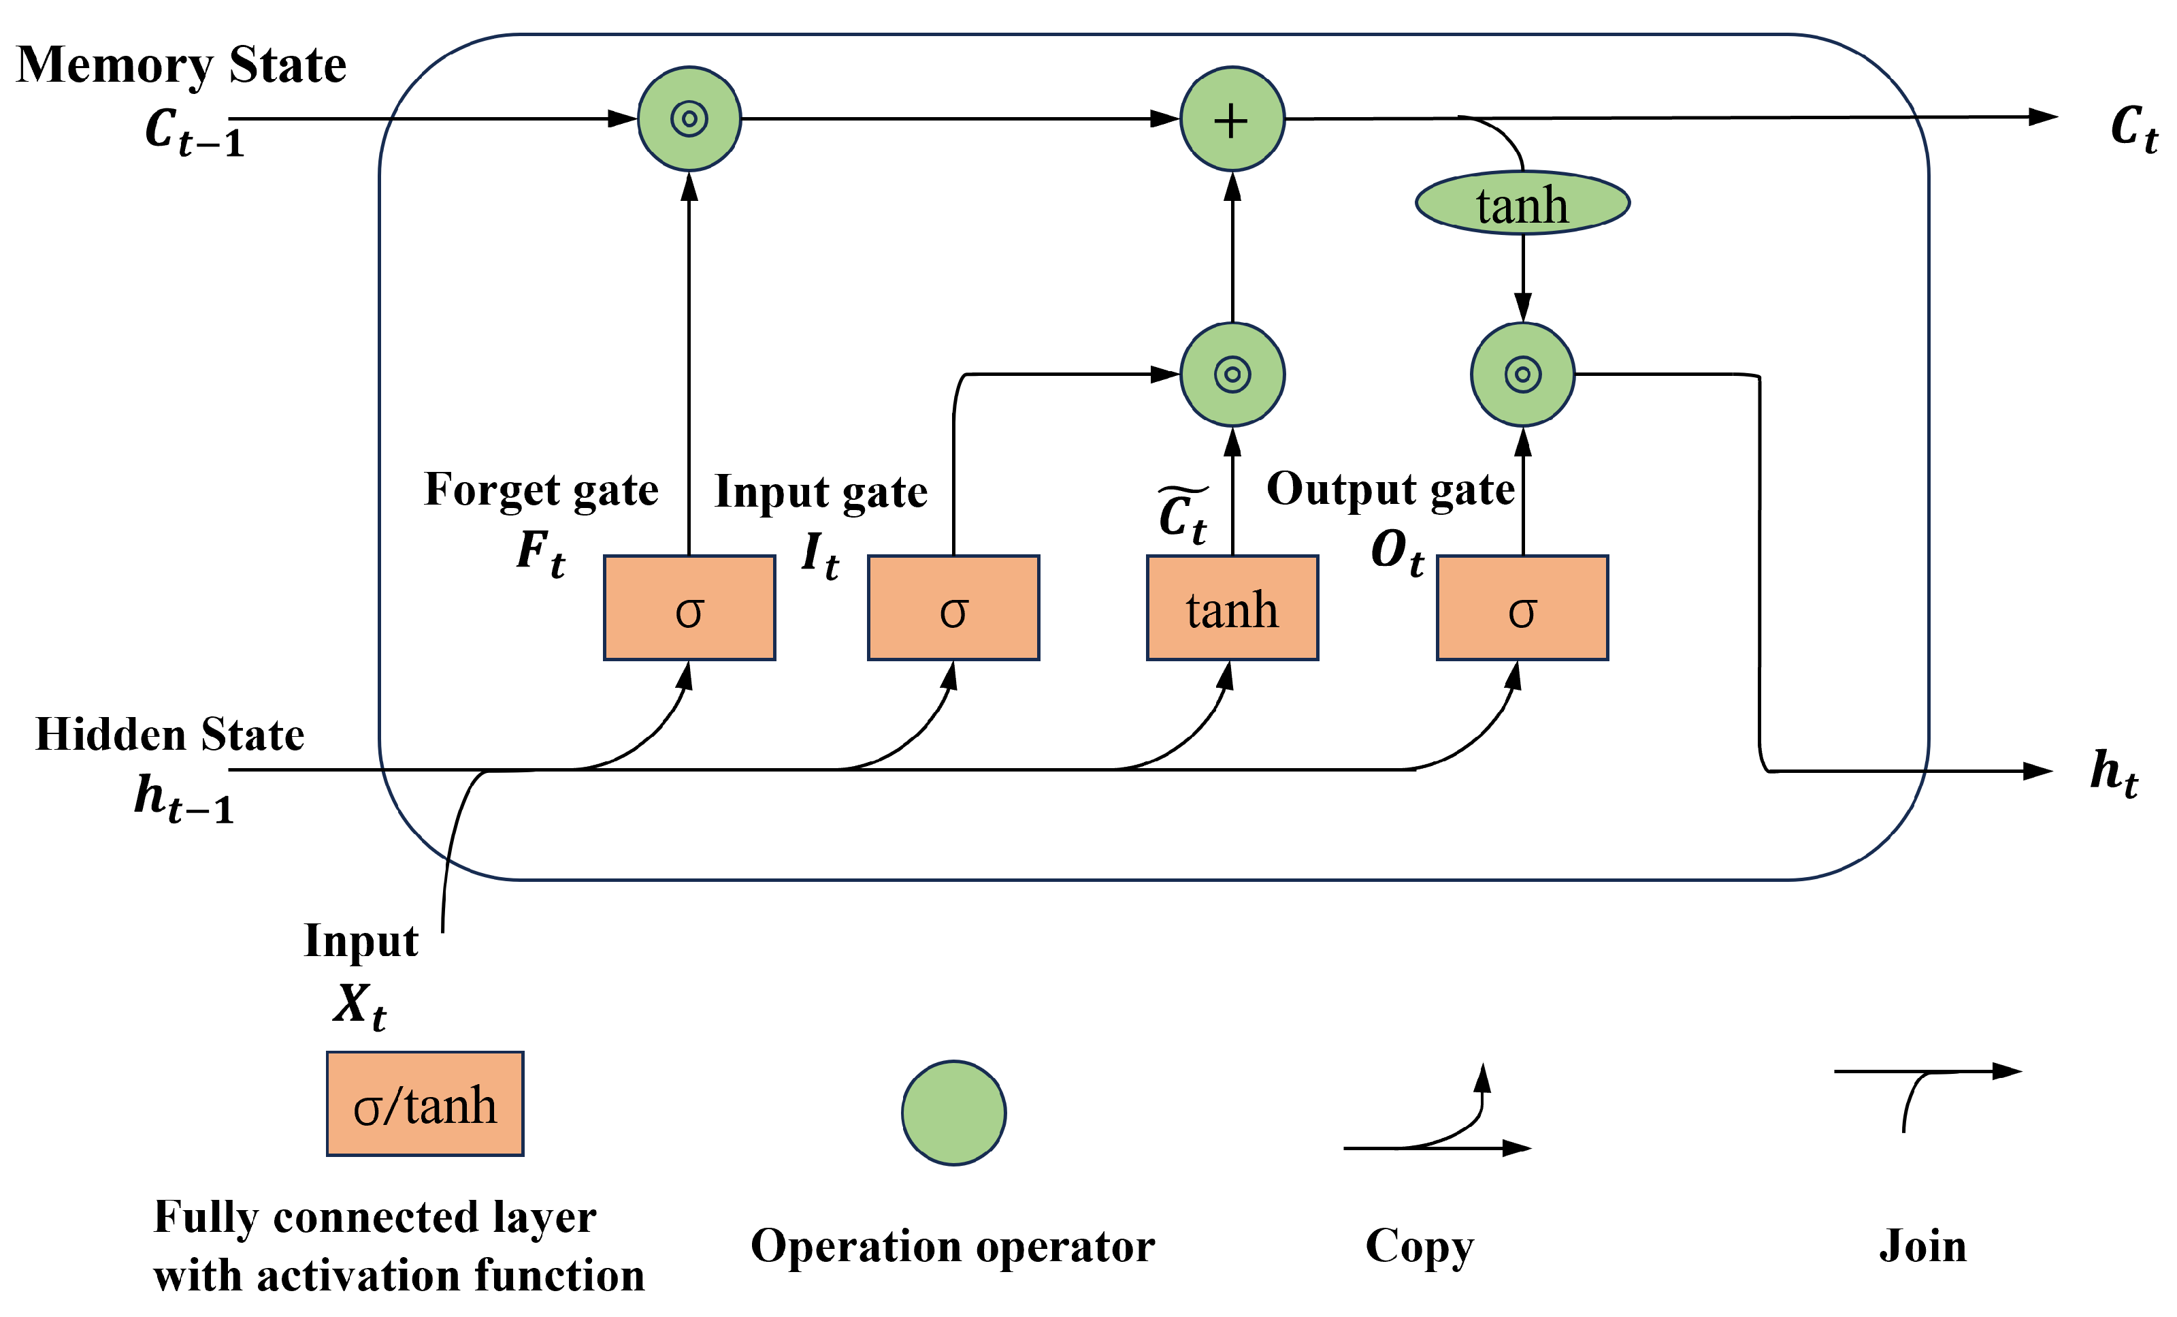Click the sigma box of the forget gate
tap(689, 608)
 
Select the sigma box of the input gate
tap(953, 608)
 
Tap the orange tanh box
tap(1232, 608)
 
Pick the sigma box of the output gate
tap(1522, 608)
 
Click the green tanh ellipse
tap(1522, 204)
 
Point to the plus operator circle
tap(1232, 118)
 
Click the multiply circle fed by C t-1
tap(689, 118)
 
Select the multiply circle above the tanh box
tap(1232, 375)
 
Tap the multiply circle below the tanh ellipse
tap(1522, 375)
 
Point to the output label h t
tap(2114, 774)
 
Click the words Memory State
tap(182, 65)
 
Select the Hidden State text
tap(169, 735)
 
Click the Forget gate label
tap(541, 490)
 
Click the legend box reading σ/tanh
tap(425, 1104)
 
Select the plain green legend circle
tap(953, 1113)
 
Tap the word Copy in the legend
tap(1419, 1246)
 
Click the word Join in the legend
tap(1922, 1246)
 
